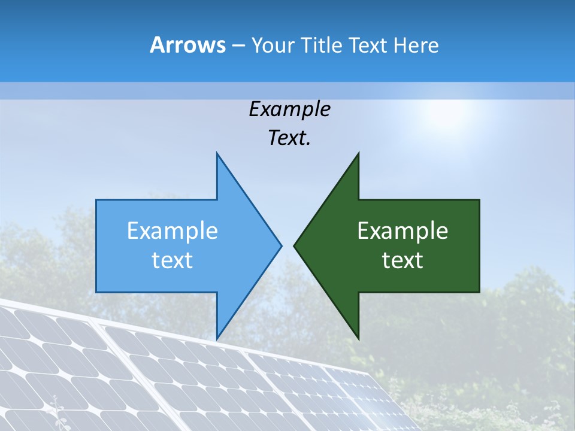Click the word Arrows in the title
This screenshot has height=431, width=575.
pos(188,45)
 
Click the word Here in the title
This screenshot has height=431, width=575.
pos(416,45)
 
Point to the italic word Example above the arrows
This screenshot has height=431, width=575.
pos(289,109)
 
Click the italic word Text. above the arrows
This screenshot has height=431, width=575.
pos(289,138)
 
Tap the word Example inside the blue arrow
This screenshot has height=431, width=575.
pos(172,231)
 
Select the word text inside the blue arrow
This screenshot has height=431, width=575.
pos(172,260)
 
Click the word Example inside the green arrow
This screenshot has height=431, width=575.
pos(402,231)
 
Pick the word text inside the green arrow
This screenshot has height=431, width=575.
pos(402,260)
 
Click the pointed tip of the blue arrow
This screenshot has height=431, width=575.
pos(281,245)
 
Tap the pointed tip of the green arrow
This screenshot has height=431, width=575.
pos(294,245)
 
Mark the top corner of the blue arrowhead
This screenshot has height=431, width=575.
pos(217,153)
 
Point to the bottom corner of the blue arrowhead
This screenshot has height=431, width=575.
pos(217,338)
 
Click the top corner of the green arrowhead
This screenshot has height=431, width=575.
pos(358,153)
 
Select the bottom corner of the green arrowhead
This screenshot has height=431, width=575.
pos(358,338)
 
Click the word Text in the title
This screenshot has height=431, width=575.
pos(367,45)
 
